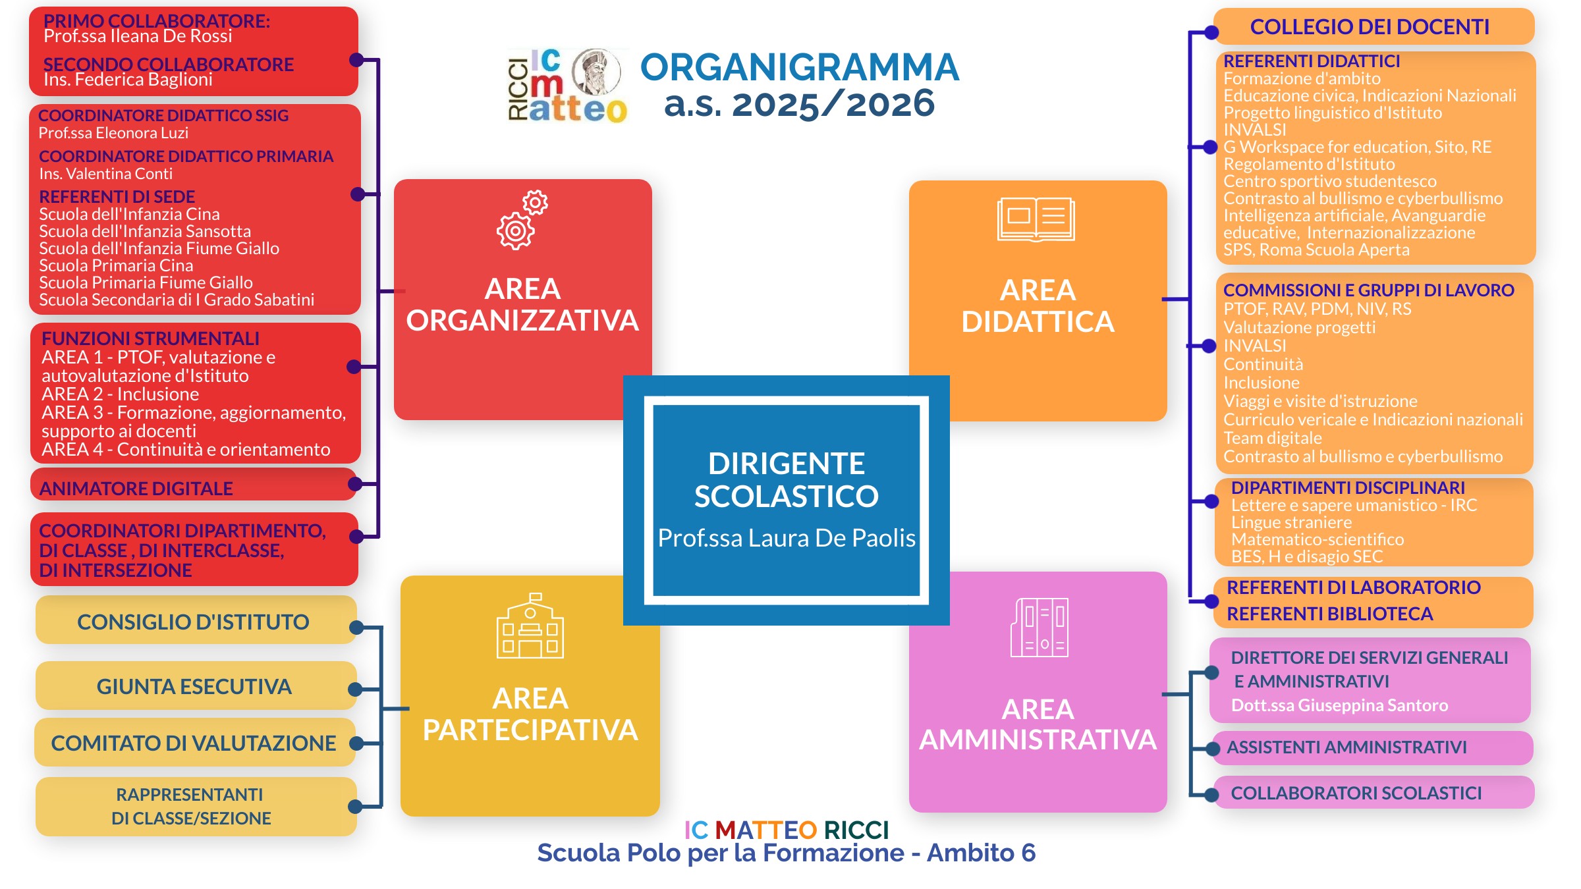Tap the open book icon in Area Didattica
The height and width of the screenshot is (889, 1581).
point(1036,219)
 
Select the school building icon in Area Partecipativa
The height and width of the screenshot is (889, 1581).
point(530,626)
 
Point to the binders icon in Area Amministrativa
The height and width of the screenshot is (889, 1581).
point(1040,628)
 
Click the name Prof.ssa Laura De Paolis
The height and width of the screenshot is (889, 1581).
point(787,538)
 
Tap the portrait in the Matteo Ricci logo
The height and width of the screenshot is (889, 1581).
point(596,72)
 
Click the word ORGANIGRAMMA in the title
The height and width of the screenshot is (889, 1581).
point(800,67)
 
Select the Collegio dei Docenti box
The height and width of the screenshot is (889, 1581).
point(1374,26)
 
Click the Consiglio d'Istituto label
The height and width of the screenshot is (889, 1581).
point(193,622)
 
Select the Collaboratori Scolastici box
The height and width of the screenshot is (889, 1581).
point(1373,793)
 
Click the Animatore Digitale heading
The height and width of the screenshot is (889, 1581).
point(136,489)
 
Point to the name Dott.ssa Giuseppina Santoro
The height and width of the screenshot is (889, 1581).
point(1340,705)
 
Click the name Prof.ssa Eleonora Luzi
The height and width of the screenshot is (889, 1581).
point(113,133)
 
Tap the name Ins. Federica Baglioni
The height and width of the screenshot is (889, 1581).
point(128,80)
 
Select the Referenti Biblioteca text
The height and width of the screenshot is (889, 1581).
point(1329,614)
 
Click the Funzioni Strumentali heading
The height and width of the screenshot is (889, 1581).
point(150,338)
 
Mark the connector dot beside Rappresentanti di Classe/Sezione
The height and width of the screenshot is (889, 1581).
point(354,807)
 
